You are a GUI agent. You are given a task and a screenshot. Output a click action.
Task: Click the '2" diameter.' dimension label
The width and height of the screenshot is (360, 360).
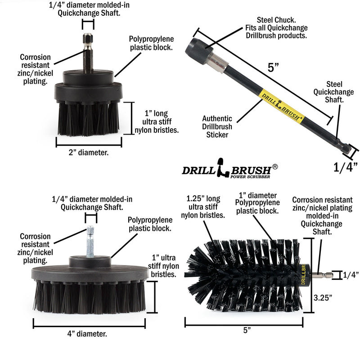89,152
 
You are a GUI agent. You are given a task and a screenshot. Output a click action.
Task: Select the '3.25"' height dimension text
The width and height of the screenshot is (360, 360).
324,297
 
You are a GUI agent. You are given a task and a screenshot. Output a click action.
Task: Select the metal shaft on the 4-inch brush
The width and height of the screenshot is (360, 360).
90,241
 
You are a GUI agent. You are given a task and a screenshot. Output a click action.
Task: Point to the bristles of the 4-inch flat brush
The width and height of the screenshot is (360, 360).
89,297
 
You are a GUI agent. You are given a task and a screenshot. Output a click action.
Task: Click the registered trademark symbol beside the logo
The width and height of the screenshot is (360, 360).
275,166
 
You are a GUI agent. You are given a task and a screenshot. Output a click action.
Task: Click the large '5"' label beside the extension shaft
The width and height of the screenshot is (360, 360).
273,68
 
